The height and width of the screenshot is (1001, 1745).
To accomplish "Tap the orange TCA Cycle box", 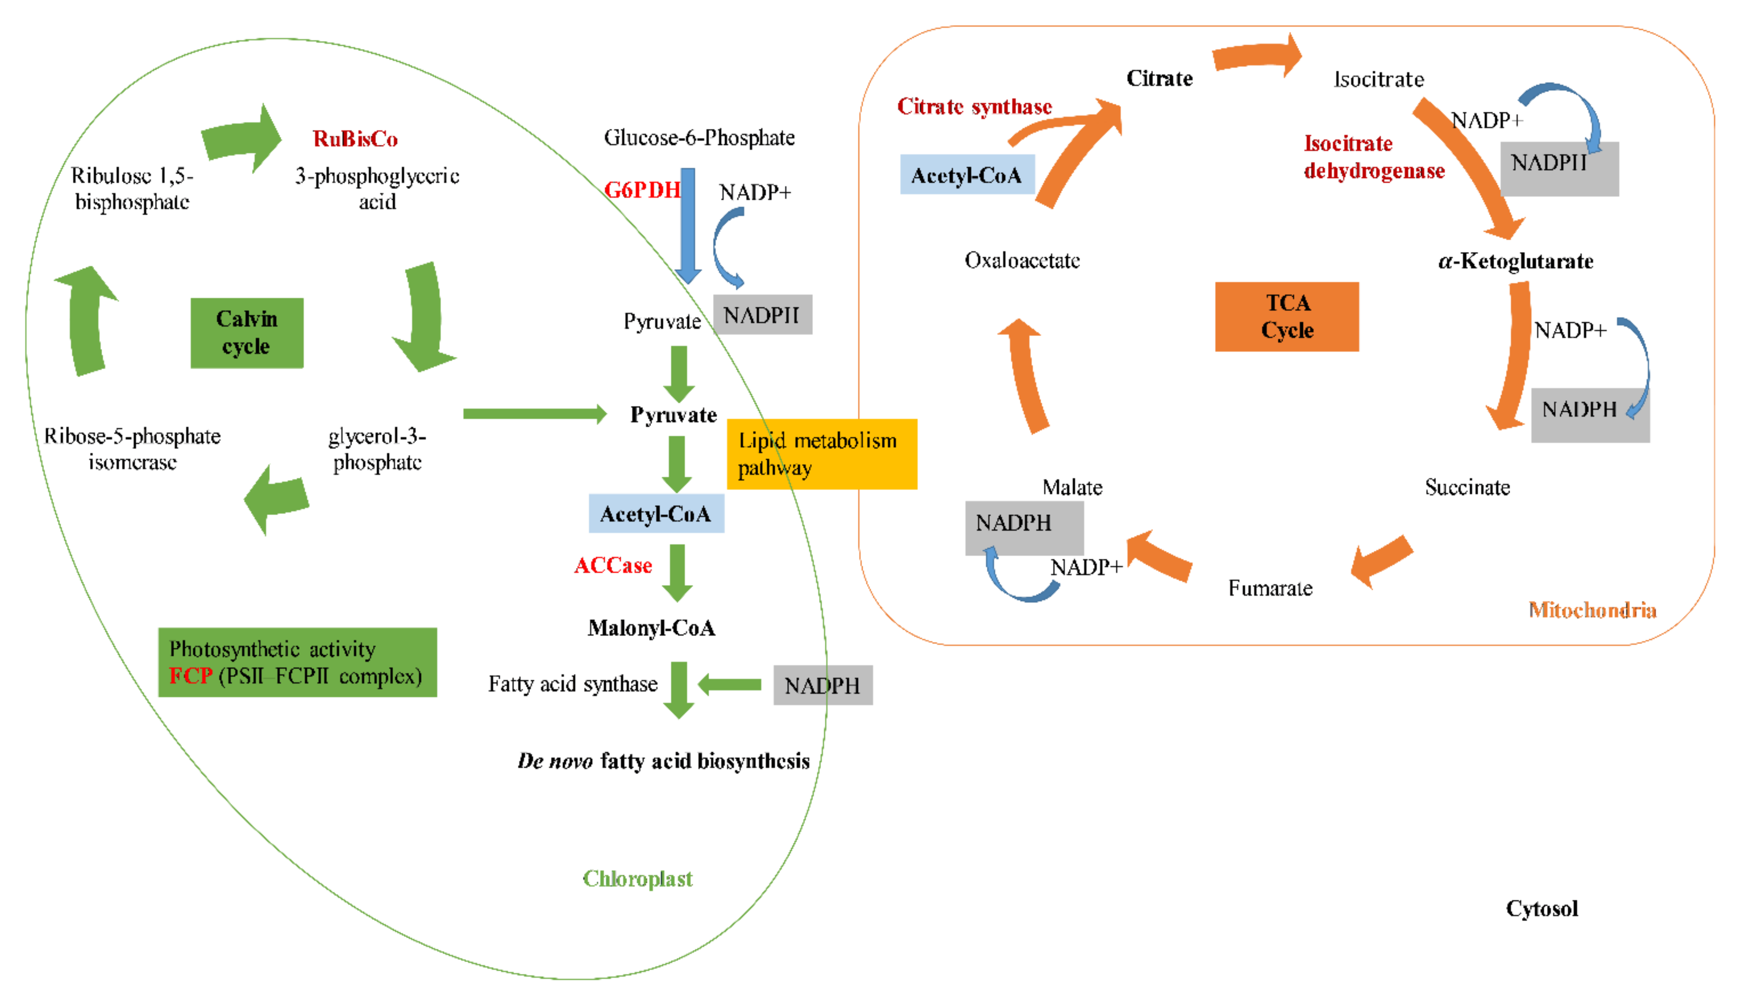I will click(1286, 316).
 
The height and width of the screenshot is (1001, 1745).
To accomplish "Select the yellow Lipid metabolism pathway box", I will click(821, 454).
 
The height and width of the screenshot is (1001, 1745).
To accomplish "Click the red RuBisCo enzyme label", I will click(355, 139).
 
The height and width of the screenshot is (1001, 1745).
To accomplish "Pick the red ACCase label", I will click(613, 565).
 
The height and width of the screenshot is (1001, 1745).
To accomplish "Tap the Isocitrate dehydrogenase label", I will click(1374, 157).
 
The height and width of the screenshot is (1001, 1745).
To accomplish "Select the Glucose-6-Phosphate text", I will click(699, 138).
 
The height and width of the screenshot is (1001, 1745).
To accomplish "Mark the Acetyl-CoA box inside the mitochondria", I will click(966, 175).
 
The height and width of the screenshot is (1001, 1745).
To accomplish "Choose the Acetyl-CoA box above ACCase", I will click(656, 513).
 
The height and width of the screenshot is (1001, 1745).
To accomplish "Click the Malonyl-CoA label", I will click(651, 628).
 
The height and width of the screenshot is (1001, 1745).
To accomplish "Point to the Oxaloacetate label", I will click(1022, 261).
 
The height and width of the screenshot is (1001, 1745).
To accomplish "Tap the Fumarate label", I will click(1270, 588).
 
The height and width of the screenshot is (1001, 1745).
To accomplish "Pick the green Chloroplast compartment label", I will click(638, 879).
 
